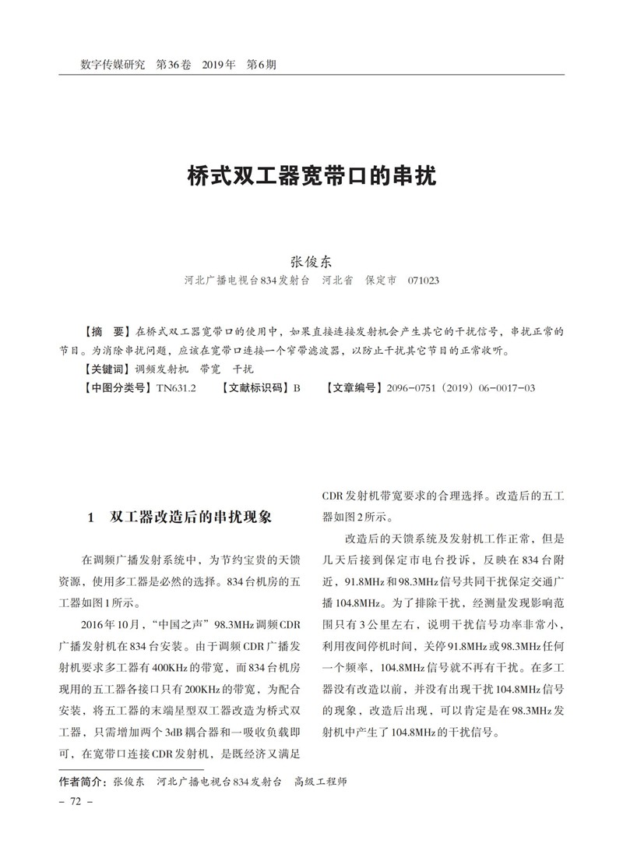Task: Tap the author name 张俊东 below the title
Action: (311, 262)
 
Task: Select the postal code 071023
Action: (423, 280)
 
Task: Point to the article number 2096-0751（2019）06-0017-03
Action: (460, 387)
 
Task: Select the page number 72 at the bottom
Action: (76, 802)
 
